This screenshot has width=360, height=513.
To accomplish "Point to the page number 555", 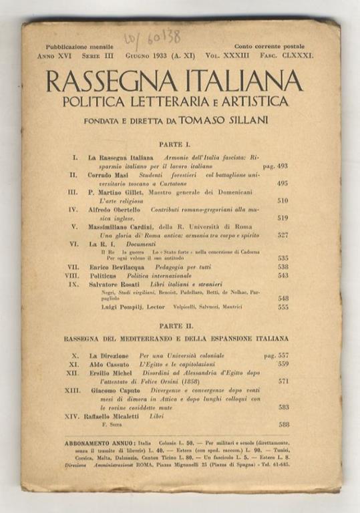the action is coord(283,307).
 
